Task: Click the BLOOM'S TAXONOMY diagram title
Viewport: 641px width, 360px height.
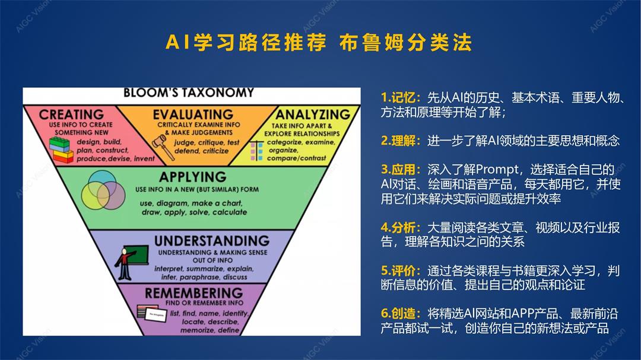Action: (188, 93)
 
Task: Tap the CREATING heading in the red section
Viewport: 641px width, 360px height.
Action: (71, 114)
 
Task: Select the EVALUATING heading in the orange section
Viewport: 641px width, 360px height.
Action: (193, 114)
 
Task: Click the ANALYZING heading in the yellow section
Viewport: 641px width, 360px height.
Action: (313, 114)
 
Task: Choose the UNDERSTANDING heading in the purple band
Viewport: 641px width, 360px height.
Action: (211, 241)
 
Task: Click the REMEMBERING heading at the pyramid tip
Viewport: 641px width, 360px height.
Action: (193, 293)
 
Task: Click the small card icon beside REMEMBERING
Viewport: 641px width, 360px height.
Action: (151, 312)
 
